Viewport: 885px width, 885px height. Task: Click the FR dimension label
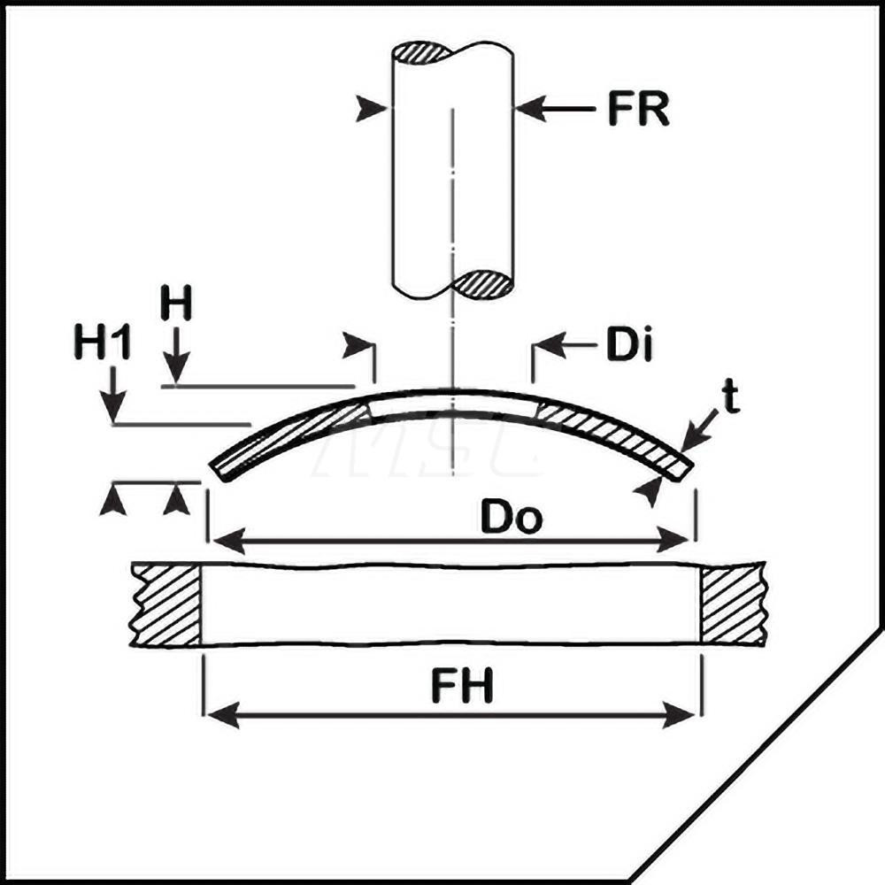click(x=638, y=108)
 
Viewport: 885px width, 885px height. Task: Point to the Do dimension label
click(x=511, y=517)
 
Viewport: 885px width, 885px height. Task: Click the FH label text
click(x=462, y=686)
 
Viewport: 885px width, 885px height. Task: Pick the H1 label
click(x=102, y=342)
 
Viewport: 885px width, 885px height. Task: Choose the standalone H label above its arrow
click(x=175, y=303)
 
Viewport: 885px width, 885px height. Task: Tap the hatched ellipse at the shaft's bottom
click(x=483, y=284)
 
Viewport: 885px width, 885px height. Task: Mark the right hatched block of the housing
click(x=733, y=604)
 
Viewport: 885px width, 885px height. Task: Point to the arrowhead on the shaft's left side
click(x=372, y=108)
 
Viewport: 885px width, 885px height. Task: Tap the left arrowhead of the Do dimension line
click(x=228, y=541)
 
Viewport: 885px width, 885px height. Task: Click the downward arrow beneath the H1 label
click(x=114, y=394)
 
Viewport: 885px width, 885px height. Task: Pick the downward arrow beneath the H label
click(x=177, y=356)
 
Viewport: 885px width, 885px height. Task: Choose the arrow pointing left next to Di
click(x=565, y=344)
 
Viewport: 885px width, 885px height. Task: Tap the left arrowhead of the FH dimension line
click(x=223, y=715)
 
